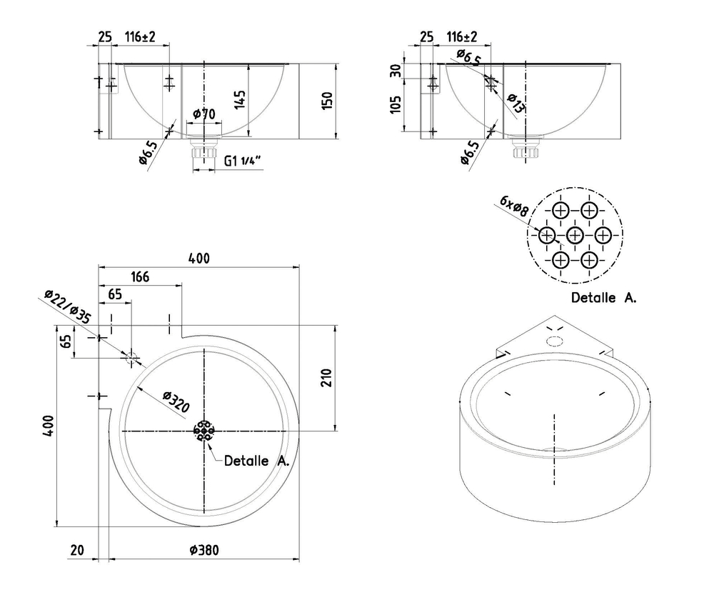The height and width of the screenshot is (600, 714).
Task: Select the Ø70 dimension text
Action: point(204,114)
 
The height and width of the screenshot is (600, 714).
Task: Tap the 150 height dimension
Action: point(327,99)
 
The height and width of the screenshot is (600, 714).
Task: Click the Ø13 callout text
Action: point(516,103)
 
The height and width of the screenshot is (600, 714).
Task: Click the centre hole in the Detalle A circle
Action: point(575,235)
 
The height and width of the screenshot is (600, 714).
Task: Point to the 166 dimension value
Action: point(140,276)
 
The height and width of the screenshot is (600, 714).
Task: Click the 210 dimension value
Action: point(328,377)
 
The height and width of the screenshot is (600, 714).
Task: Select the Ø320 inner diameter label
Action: point(176,402)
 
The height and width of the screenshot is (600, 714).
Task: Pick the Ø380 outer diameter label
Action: point(204,550)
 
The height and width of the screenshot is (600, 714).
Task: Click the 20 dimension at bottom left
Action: point(76,550)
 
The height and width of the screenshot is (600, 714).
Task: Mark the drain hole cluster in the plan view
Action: point(204,431)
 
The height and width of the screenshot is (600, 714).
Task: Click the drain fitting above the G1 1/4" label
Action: point(204,151)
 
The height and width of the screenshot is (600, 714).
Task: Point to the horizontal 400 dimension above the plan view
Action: point(199,259)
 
